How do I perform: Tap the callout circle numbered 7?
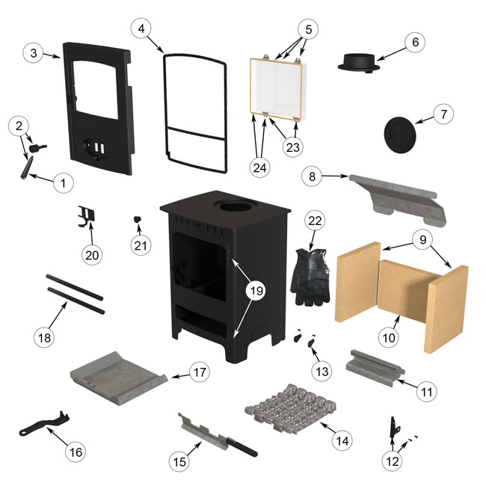tap(443, 114)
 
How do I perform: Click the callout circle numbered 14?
tap(342, 441)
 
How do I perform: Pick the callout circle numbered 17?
tap(197, 372)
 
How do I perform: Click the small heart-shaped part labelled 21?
tap(138, 220)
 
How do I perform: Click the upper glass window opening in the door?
tap(98, 86)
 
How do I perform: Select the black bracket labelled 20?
tap(88, 216)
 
